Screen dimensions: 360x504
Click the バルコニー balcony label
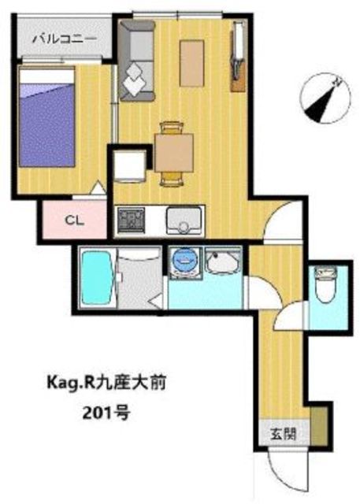coord(65,39)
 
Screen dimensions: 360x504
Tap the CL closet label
coord(74,220)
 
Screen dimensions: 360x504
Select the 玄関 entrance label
coord(283,434)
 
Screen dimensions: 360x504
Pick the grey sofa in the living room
coord(137,61)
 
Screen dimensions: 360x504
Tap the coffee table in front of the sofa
coord(192,63)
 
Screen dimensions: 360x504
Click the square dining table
coord(174,153)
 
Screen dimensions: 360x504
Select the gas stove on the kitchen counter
coord(131,220)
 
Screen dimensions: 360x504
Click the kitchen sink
coord(185,220)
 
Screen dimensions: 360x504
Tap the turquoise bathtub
coord(96,278)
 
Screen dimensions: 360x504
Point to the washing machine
coord(185,261)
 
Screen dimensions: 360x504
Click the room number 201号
coord(106,413)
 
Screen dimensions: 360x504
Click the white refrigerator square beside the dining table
coord(129,166)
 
